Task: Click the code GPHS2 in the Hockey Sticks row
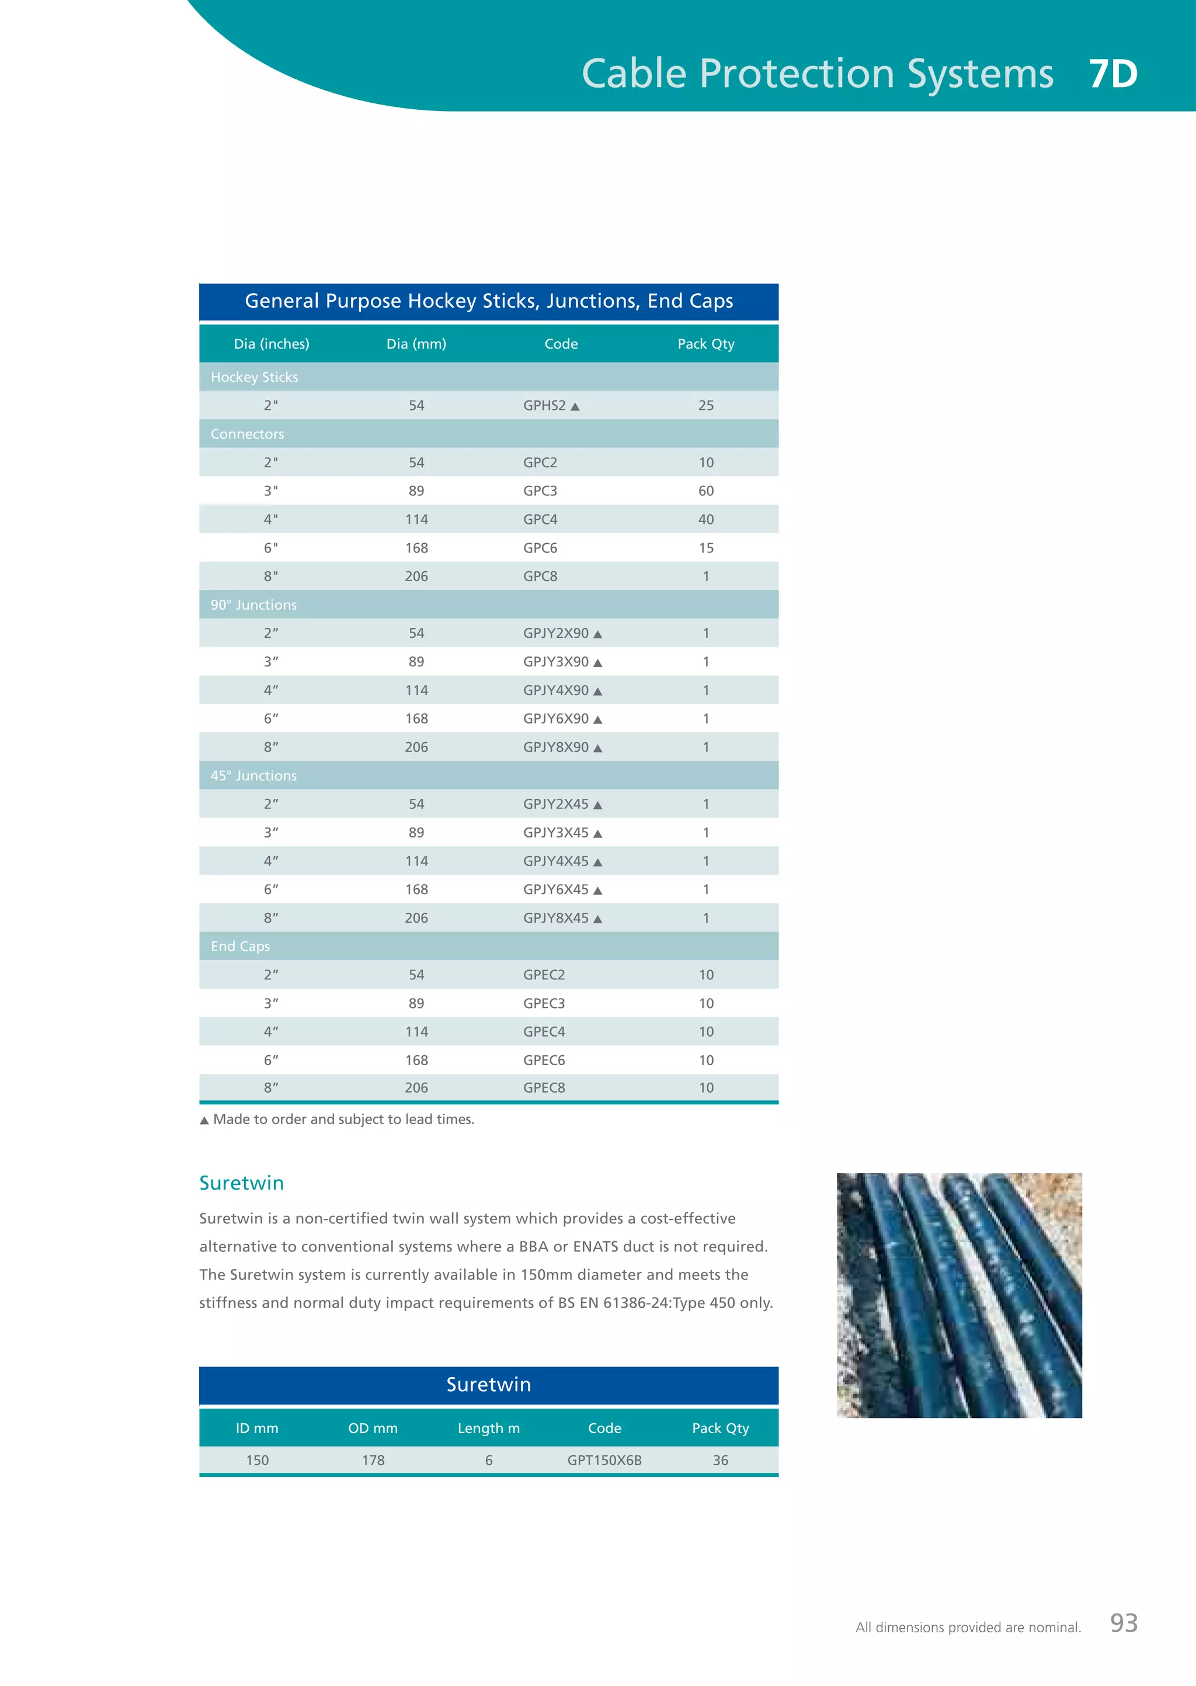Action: [544, 406]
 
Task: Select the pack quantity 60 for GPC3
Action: [705, 491]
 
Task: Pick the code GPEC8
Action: [544, 1087]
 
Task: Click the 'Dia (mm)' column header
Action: [416, 344]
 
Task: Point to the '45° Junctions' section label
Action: [253, 776]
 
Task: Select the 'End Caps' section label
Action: [240, 947]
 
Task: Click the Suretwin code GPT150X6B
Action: [604, 1460]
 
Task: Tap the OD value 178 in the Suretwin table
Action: [373, 1460]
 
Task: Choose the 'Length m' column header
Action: [488, 1428]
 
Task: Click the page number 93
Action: [1124, 1623]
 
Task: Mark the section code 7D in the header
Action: [1112, 74]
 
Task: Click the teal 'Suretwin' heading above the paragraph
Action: [242, 1183]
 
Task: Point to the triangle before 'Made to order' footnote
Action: [204, 1121]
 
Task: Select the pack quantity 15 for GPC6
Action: [705, 548]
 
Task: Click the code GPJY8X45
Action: [556, 918]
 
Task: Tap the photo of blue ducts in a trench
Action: [959, 1295]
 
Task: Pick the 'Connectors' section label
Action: [246, 434]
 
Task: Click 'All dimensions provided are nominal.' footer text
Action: [968, 1627]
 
